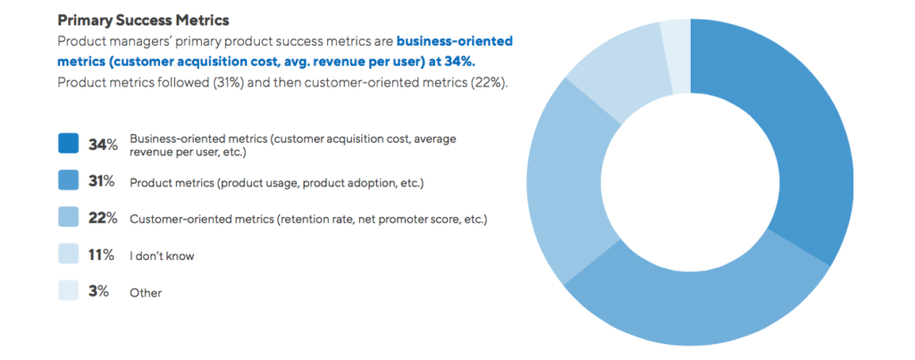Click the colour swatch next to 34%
69,144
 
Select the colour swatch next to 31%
69,181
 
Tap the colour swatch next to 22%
69,218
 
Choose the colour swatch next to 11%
69,255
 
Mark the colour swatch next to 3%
69,291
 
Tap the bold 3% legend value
98,291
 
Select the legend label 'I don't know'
162,256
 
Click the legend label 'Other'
146,293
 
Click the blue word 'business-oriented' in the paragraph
455,41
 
